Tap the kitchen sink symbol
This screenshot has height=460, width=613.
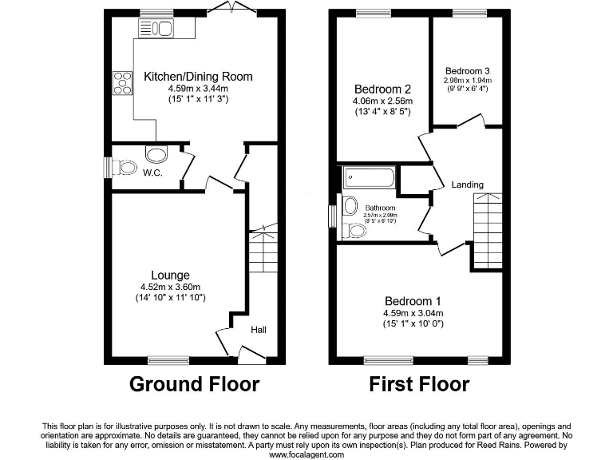coord(157,30)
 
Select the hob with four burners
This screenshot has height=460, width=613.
coord(123,84)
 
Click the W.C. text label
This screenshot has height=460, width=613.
coord(153,172)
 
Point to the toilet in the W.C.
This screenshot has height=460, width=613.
coord(123,168)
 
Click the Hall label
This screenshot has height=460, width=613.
coord(260,328)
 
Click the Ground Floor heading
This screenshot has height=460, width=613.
coord(194,384)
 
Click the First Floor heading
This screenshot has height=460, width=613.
coord(418,384)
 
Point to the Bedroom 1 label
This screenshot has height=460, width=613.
coord(413,301)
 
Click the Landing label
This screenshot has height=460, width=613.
coord(467,184)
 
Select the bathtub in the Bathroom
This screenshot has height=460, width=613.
coord(368,178)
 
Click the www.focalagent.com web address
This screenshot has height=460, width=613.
coord(306,454)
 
